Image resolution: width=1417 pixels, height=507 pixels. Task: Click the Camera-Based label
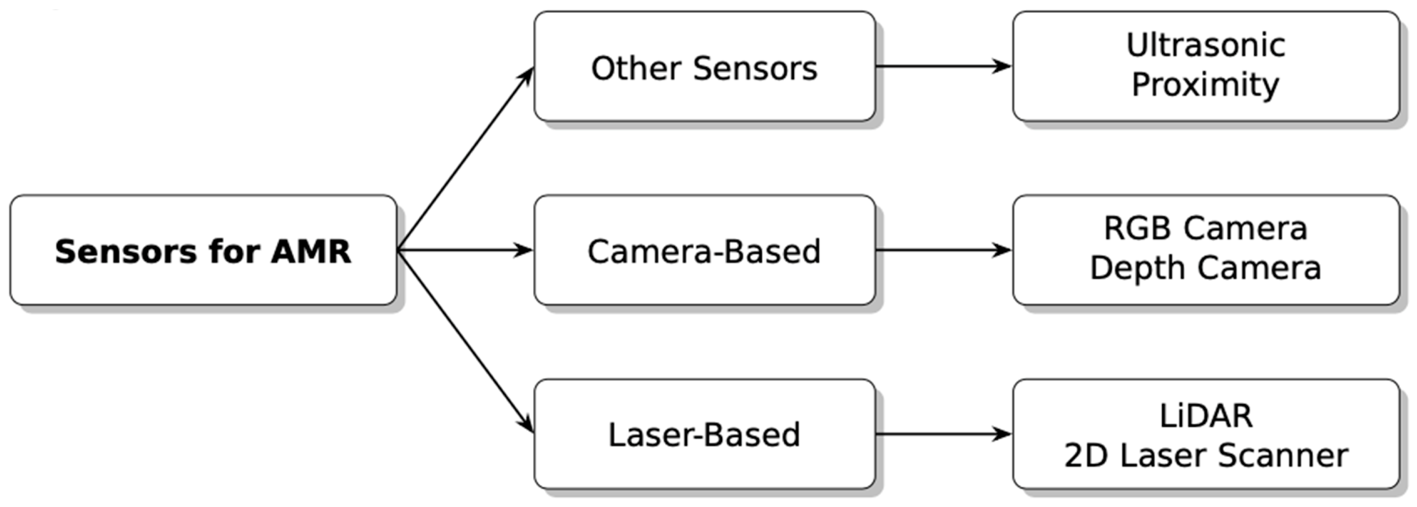click(704, 252)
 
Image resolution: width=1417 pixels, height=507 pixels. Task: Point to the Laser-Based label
click(704, 435)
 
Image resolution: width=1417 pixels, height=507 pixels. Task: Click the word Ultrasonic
click(1206, 45)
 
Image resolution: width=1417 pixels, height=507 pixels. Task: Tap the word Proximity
click(1206, 85)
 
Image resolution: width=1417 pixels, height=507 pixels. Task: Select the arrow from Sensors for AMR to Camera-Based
click(465, 251)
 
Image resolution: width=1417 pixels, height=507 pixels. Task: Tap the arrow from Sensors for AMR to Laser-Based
click(465, 341)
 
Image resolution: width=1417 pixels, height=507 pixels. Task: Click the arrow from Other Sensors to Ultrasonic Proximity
click(943, 67)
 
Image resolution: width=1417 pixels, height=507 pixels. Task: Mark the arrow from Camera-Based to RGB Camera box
click(943, 251)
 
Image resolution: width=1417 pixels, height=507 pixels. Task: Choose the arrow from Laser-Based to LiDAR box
click(943, 434)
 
